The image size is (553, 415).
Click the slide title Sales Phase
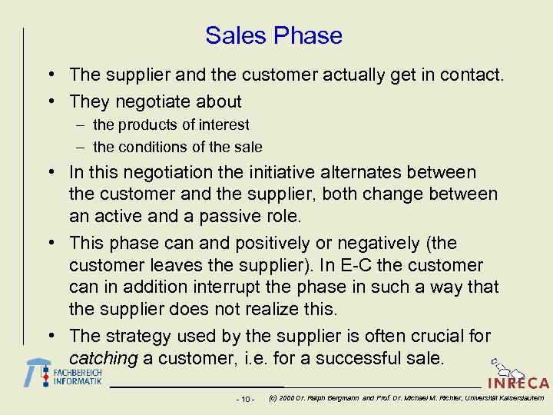point(273,35)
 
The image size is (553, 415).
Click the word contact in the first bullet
point(472,75)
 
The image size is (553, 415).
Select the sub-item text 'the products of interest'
point(171,124)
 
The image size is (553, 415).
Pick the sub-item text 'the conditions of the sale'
point(177,147)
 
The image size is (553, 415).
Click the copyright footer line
point(406,398)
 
